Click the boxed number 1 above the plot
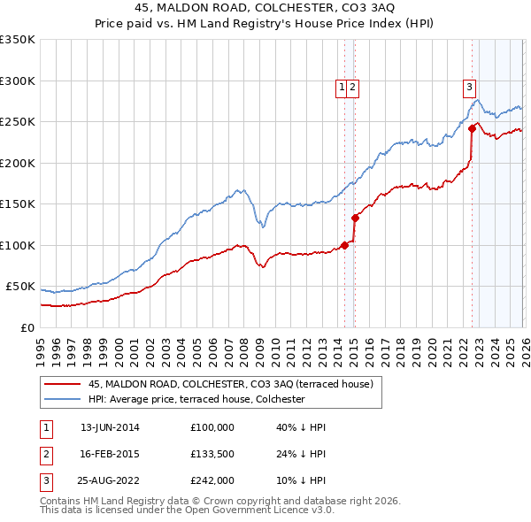342,87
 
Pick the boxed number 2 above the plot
352,87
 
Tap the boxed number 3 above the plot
469,87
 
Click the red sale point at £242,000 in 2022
472,128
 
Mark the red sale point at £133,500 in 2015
355,218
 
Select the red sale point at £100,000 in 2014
344,245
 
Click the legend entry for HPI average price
196,399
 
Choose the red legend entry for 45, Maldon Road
231,384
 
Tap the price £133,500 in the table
212,455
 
